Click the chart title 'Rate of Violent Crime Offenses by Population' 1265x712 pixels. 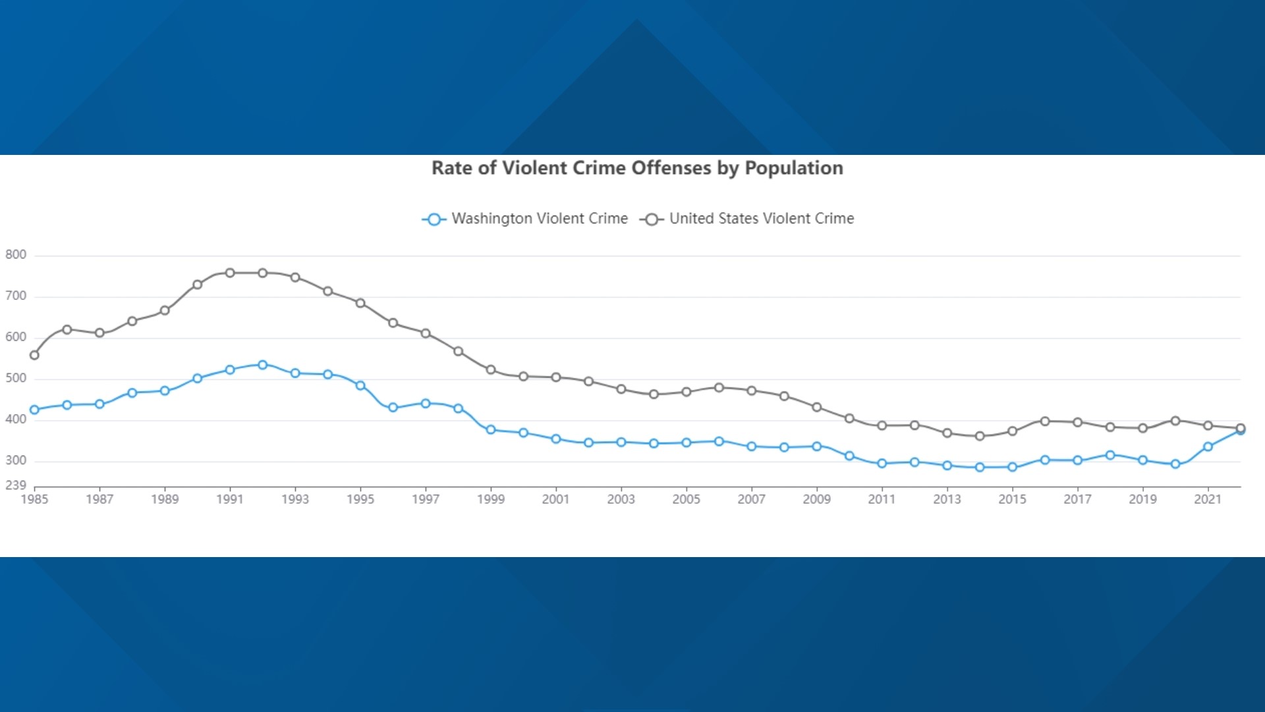(x=636, y=168)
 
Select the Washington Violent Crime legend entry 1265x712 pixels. (x=525, y=219)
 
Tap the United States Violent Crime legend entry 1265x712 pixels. (x=747, y=219)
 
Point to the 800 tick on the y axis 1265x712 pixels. (x=16, y=254)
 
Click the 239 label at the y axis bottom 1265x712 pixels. (x=16, y=485)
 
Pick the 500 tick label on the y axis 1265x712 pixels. (x=16, y=378)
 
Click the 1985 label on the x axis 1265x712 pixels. (x=34, y=500)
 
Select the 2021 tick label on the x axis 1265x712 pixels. (x=1207, y=500)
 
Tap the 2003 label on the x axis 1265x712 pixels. (x=621, y=500)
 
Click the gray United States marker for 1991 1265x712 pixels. (x=230, y=273)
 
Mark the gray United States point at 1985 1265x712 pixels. (x=34, y=355)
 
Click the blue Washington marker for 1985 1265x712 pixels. (x=34, y=410)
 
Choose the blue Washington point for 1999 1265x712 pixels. (x=491, y=430)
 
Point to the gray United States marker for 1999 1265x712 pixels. (x=491, y=370)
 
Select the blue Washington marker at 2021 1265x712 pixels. (x=1208, y=447)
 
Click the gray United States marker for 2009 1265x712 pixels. (x=817, y=407)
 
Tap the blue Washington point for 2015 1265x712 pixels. (x=1013, y=467)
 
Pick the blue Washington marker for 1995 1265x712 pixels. (x=360, y=386)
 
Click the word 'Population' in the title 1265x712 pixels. (x=793, y=168)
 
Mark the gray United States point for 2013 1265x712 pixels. (x=947, y=433)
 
